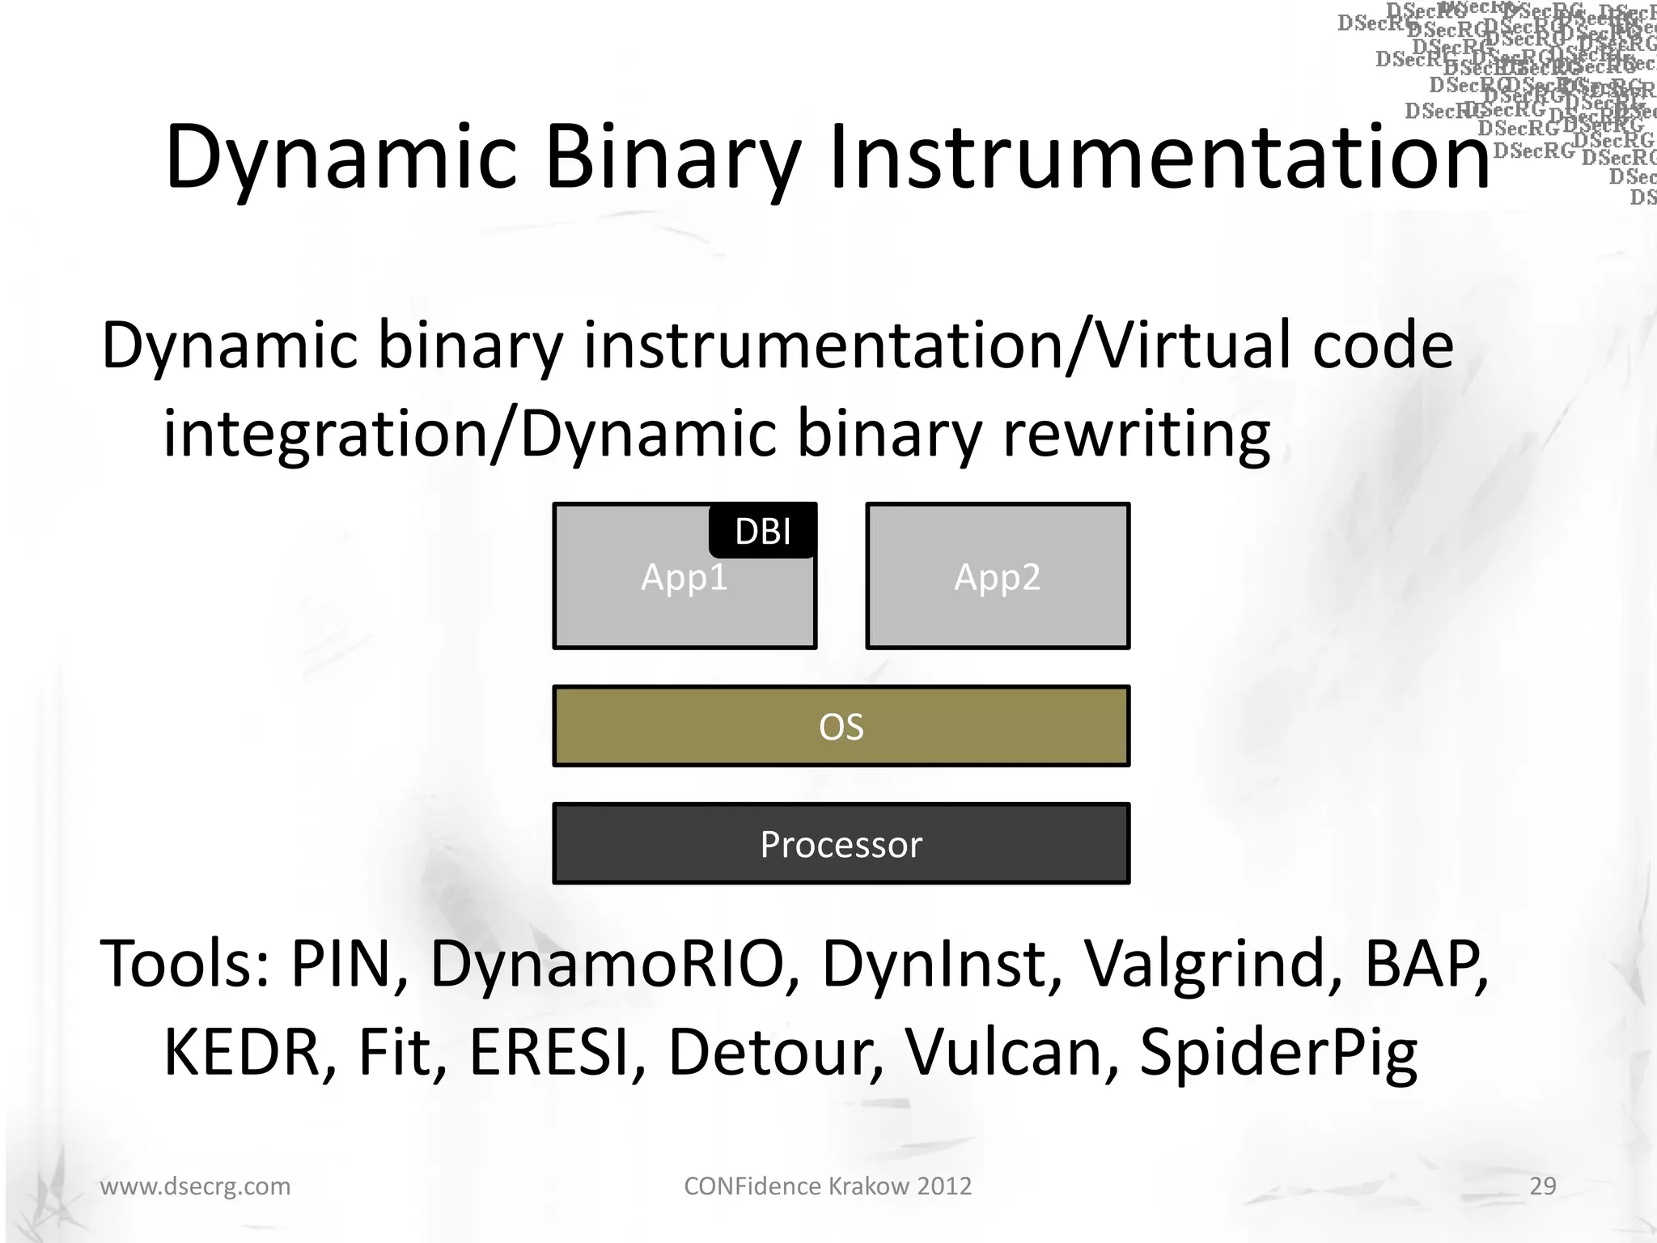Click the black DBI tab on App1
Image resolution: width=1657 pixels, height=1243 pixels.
pyautogui.click(x=763, y=531)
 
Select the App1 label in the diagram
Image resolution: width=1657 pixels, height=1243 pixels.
pyautogui.click(x=684, y=578)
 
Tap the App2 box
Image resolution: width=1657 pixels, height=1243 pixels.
pyautogui.click(x=997, y=576)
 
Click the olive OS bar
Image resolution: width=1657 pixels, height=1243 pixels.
pyautogui.click(x=841, y=726)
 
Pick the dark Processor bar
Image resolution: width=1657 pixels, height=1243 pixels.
pyautogui.click(x=841, y=843)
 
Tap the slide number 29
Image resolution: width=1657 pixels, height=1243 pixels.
pyautogui.click(x=1542, y=1186)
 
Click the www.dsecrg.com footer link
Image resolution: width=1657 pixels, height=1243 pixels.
pyautogui.click(x=195, y=1186)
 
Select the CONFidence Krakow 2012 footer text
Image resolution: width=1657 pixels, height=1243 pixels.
pyautogui.click(x=828, y=1186)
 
